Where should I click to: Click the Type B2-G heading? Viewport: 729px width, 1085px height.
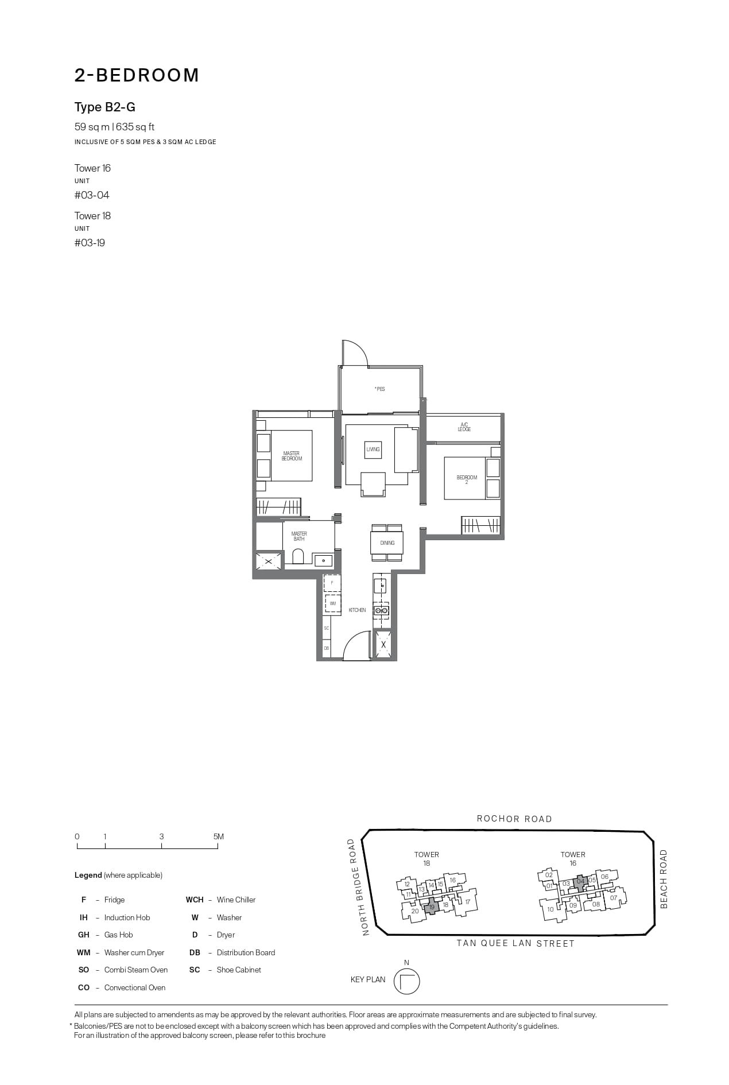click(x=105, y=107)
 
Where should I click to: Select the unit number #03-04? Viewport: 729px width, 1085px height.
click(x=92, y=195)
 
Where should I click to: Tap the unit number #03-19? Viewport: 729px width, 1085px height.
click(x=90, y=243)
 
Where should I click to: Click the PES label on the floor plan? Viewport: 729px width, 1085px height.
click(x=380, y=389)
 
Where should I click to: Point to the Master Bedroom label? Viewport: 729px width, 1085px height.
click(x=292, y=456)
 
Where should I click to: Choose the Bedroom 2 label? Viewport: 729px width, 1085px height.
click(x=467, y=480)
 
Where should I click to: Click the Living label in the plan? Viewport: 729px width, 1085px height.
click(x=373, y=449)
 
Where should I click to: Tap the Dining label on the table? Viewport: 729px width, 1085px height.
click(x=387, y=543)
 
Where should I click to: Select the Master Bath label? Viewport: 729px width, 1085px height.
click(x=299, y=536)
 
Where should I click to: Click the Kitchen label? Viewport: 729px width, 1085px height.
click(x=357, y=610)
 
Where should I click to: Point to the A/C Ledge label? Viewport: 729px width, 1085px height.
click(x=464, y=427)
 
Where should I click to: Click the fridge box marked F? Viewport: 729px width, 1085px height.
click(x=332, y=583)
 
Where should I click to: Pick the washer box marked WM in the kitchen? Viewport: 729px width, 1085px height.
click(x=332, y=604)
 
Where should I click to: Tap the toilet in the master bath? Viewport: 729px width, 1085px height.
click(x=297, y=556)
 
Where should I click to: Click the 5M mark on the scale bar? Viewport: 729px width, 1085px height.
click(x=218, y=837)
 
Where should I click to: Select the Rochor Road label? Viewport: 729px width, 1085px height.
click(x=514, y=819)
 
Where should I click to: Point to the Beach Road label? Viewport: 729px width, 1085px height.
click(x=664, y=879)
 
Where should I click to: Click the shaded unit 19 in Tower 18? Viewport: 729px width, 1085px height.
click(x=432, y=906)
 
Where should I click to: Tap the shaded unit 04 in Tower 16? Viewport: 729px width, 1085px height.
click(x=580, y=881)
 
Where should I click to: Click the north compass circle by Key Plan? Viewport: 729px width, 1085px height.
click(x=406, y=981)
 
